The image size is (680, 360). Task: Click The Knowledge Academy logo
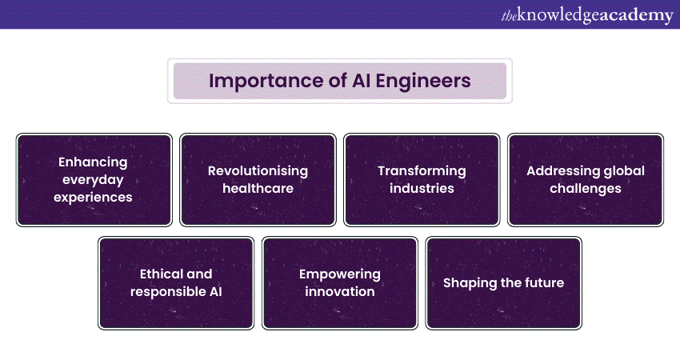click(587, 16)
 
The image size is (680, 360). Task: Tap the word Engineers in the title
click(423, 81)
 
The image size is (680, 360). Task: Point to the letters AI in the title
click(361, 81)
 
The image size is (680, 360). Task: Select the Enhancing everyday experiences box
click(94, 179)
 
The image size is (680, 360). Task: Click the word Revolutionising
click(258, 171)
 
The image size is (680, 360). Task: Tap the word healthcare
click(258, 188)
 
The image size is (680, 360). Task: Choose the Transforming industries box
click(422, 179)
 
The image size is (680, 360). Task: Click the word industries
click(422, 188)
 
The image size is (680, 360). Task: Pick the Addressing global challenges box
click(586, 179)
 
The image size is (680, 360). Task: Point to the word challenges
click(586, 189)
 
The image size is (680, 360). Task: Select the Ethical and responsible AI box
click(176, 282)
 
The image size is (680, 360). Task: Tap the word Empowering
click(339, 274)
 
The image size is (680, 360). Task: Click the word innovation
click(339, 291)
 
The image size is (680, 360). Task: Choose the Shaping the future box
click(503, 282)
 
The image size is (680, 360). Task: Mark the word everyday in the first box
click(93, 180)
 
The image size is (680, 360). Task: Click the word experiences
click(93, 198)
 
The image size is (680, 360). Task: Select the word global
click(625, 171)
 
